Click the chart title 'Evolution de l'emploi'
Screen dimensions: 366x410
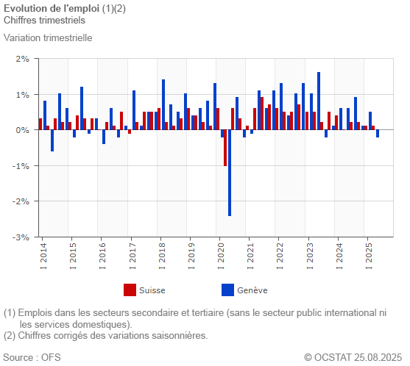(x=52, y=7)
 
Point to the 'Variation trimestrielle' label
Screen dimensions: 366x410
(x=48, y=37)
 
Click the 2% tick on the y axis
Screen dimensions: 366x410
(x=22, y=59)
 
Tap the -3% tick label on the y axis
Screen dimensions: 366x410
(x=21, y=237)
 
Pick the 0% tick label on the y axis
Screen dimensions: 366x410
(x=22, y=130)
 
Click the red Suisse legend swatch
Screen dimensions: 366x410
(x=130, y=290)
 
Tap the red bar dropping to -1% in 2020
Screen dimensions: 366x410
(x=225, y=148)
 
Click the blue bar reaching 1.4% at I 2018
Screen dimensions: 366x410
(x=163, y=104)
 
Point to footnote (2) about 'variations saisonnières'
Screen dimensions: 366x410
(x=106, y=336)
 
